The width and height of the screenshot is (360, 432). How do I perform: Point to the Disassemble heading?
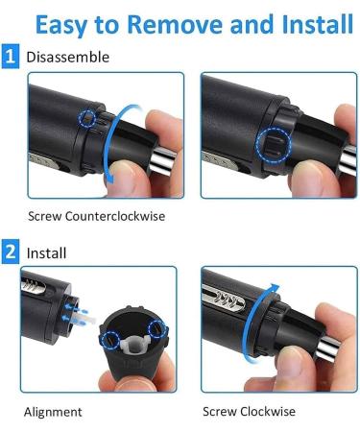coord(68,58)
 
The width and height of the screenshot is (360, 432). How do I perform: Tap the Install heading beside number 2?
coord(47,253)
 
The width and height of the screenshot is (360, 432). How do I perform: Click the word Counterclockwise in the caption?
coord(113,216)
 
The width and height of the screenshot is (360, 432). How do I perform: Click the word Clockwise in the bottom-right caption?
coord(270,412)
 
